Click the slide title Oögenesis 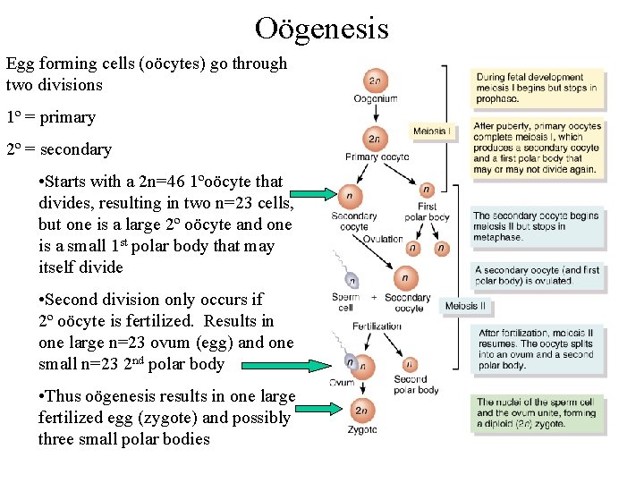[321, 28]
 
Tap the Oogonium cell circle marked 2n [377, 80]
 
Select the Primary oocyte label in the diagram [375, 157]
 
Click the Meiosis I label [432, 131]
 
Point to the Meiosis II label [465, 306]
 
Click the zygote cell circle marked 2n [361, 411]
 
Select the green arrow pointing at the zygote [317, 408]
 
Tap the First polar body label [428, 212]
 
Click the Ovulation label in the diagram [383, 240]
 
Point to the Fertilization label [377, 326]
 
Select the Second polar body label [416, 385]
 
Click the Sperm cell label [345, 302]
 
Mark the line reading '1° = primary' [50, 117]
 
